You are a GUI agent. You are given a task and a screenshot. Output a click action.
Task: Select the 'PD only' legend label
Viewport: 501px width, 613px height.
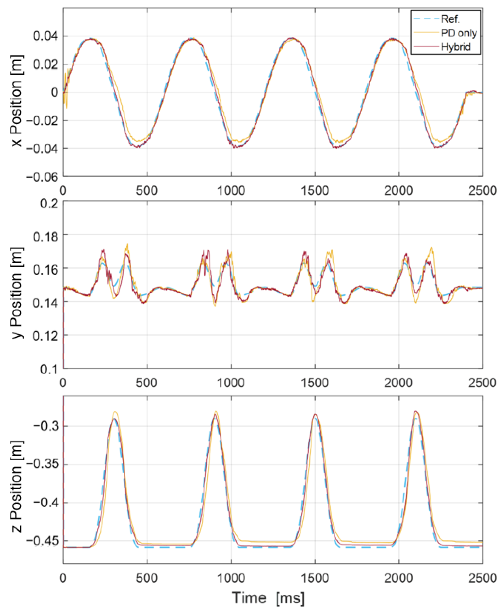click(x=459, y=33)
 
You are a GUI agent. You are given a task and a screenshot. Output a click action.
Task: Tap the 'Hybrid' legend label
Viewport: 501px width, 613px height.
click(x=456, y=47)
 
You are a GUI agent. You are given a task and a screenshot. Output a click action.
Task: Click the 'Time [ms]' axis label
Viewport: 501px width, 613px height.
click(x=268, y=598)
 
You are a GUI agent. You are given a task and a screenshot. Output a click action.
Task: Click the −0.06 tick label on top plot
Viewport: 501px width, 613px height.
click(x=42, y=177)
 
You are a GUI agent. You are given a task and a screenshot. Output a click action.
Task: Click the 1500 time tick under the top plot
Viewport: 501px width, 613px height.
click(x=315, y=191)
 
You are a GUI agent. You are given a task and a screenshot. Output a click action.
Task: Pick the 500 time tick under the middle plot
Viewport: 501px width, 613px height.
click(x=147, y=383)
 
